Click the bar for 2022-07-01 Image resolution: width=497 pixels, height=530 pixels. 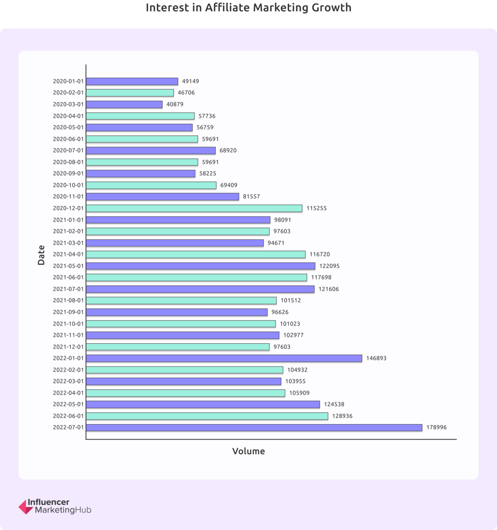click(254, 427)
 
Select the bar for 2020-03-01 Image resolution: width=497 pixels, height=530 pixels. click(124, 104)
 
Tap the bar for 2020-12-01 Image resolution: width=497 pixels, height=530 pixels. click(194, 208)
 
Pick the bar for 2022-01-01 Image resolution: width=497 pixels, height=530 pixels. click(224, 358)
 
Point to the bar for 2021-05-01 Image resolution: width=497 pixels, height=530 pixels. click(200, 266)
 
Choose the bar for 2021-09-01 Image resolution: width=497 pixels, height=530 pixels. click(177, 312)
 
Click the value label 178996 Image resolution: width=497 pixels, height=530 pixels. click(436, 427)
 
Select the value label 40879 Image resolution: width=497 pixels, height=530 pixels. click(175, 104)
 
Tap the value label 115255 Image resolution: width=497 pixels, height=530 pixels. click(316, 208)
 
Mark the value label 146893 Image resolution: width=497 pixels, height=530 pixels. click(376, 358)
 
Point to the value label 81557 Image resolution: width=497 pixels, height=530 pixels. click(251, 197)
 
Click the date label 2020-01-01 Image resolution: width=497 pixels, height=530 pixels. click(68, 82)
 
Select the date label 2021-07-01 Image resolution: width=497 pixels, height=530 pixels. click(68, 289)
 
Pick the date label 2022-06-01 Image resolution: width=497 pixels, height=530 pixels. click(68, 416)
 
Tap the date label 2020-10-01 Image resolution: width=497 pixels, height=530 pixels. click(68, 185)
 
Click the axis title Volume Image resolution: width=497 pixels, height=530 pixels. click(248, 451)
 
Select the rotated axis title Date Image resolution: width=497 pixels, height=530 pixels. click(41, 255)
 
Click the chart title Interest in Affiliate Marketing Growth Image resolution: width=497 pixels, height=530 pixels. click(248, 8)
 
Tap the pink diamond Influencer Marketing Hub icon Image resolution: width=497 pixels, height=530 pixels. click(26, 507)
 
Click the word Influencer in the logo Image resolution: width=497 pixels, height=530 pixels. click(48, 503)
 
